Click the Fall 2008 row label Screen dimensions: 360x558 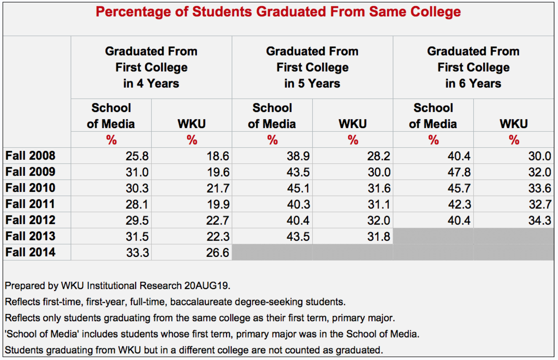point(30,156)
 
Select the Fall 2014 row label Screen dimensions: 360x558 point(30,252)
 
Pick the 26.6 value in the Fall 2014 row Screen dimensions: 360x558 point(218,253)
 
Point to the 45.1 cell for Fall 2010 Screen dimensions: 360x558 point(298,188)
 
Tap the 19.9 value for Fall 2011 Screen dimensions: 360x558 point(218,204)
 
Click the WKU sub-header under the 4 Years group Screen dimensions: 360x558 point(192,124)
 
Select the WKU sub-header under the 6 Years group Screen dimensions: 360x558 point(514,124)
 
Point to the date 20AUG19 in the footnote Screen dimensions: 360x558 point(207,286)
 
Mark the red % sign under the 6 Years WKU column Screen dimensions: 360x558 point(514,140)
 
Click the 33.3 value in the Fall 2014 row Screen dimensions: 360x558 point(137,253)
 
